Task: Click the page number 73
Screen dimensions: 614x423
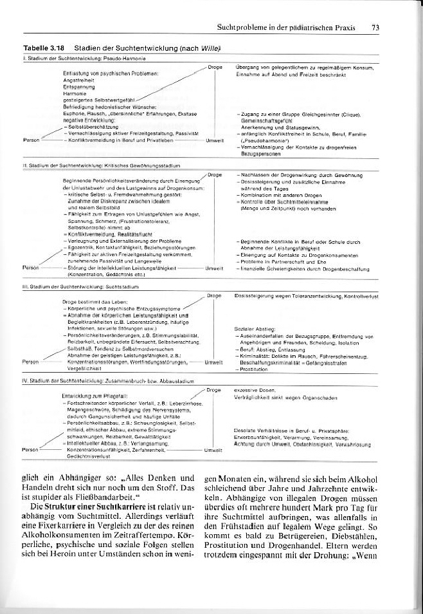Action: (375, 28)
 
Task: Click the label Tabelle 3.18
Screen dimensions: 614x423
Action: (43, 48)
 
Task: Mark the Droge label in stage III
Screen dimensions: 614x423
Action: (214, 295)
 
